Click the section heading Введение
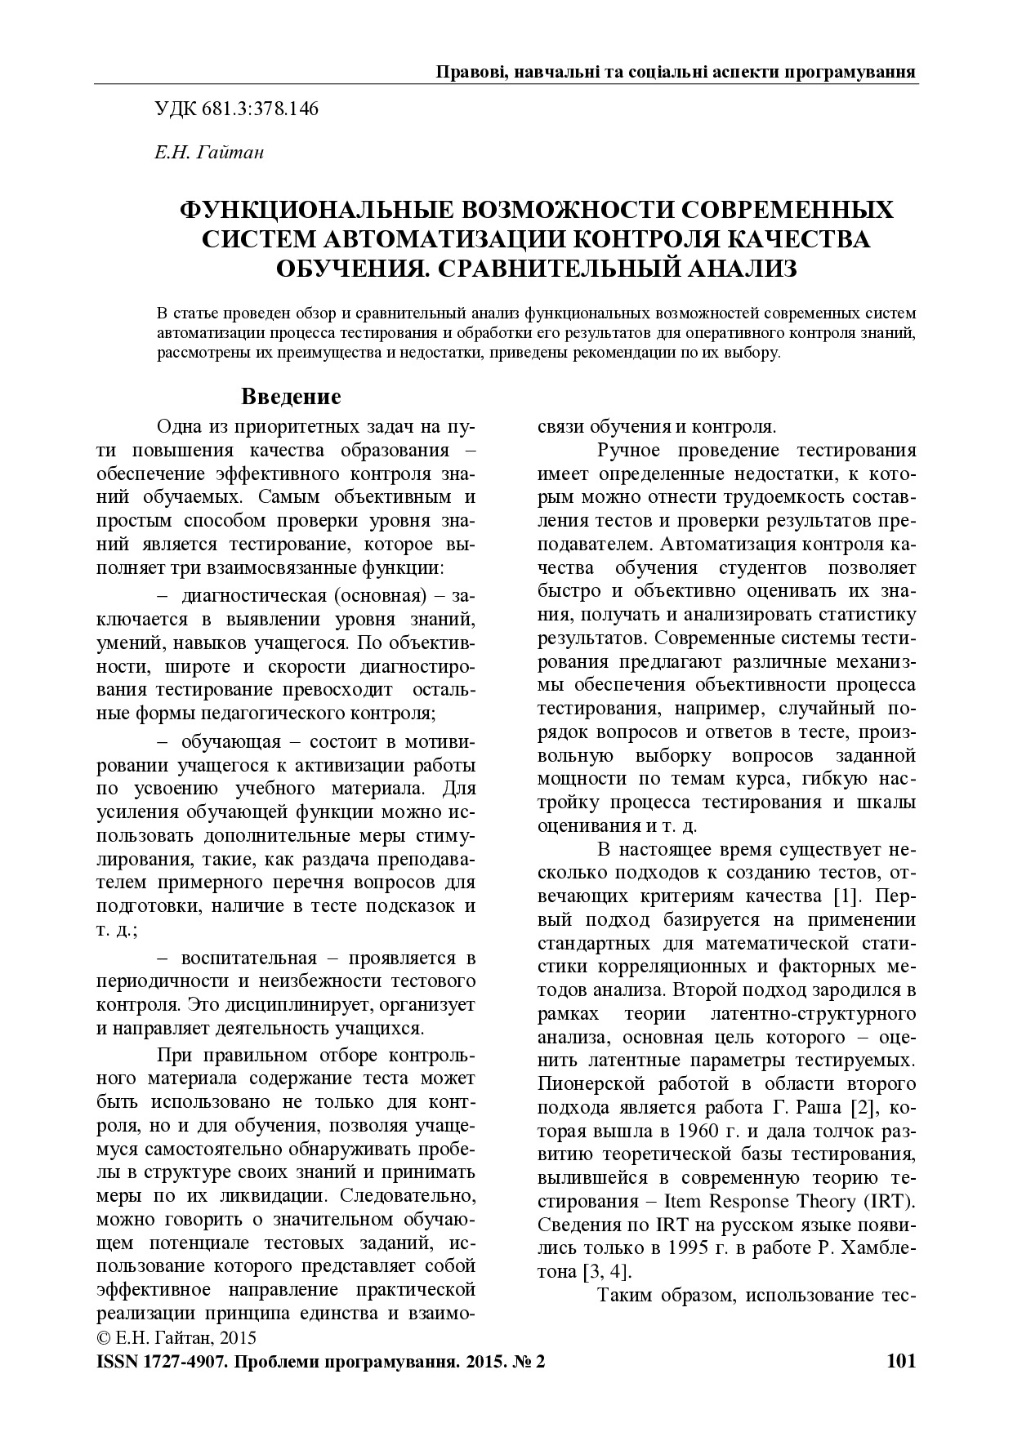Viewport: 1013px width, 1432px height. (291, 398)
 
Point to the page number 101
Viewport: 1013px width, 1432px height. (900, 1361)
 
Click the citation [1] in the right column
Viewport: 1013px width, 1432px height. (845, 896)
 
